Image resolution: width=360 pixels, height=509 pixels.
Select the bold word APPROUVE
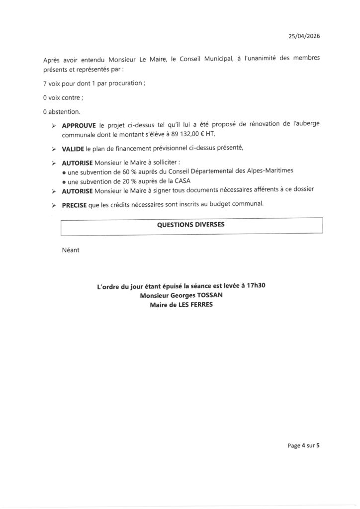click(x=79, y=126)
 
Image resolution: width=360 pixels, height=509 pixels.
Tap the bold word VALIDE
click(x=73, y=149)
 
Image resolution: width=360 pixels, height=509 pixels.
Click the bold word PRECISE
click(x=74, y=204)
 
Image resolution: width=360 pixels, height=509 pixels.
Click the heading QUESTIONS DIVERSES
click(x=191, y=225)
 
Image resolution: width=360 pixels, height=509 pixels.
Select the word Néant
click(x=71, y=251)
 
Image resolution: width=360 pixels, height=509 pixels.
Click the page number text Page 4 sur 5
click(x=303, y=446)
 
